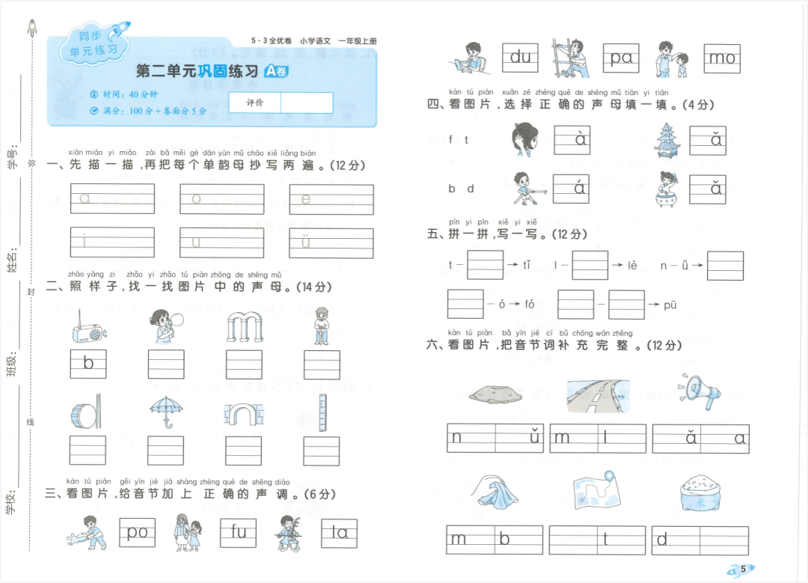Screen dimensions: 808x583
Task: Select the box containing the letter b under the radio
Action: (88, 364)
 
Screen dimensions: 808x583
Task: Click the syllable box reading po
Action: (137, 531)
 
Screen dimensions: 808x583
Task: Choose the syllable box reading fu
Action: (239, 531)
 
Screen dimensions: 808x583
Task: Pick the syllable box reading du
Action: (520, 57)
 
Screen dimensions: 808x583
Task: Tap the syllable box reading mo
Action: (722, 57)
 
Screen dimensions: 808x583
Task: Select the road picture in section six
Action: (598, 395)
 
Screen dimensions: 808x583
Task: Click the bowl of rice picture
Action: (700, 495)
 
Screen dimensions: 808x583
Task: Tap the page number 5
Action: (744, 569)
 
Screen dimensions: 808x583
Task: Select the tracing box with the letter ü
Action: (331, 242)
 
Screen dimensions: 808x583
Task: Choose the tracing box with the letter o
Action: (222, 199)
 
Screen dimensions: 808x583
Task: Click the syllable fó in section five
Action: (529, 304)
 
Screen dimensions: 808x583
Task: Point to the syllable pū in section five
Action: (670, 304)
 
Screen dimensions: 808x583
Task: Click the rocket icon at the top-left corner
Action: (32, 28)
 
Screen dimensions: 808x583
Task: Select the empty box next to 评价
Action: (307, 103)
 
